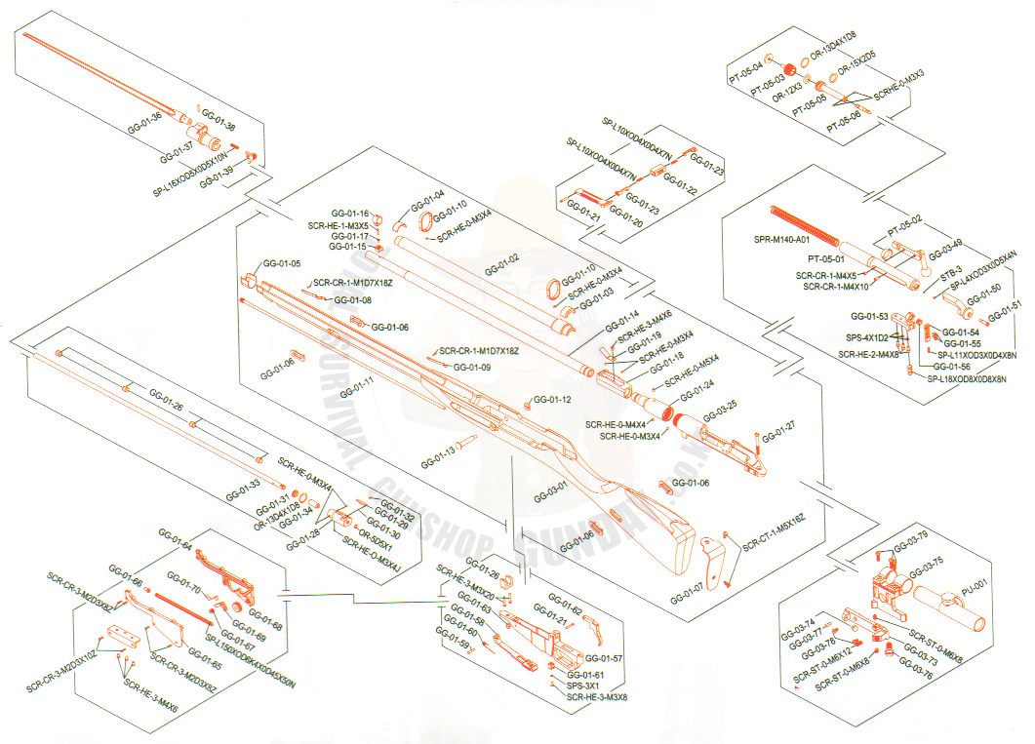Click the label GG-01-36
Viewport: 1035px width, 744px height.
click(x=144, y=127)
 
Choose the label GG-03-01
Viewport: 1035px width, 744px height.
click(x=549, y=487)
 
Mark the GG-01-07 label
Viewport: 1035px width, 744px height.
click(x=689, y=587)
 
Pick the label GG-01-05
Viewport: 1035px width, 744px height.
click(x=281, y=264)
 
